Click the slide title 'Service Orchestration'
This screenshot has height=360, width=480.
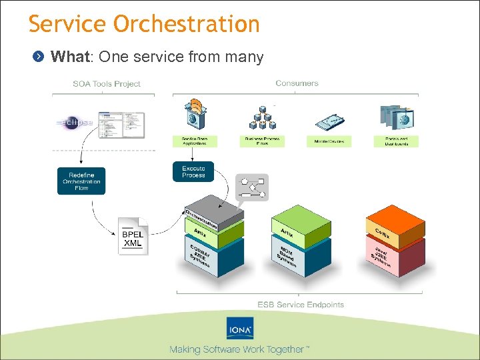click(x=144, y=24)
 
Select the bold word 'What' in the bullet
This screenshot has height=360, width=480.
click(x=71, y=57)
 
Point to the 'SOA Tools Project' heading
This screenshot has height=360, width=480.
click(x=107, y=84)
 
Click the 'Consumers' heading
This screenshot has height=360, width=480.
click(x=297, y=83)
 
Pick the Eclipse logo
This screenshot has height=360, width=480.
click(x=75, y=123)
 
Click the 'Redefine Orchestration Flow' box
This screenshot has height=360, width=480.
click(x=81, y=181)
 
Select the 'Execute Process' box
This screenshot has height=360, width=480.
click(x=193, y=171)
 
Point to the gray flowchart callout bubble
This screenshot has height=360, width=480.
click(x=252, y=188)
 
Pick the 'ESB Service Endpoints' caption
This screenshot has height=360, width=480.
click(x=301, y=305)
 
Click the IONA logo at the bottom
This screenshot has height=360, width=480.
click(x=239, y=329)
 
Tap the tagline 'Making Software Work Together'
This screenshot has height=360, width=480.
click(x=239, y=349)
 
